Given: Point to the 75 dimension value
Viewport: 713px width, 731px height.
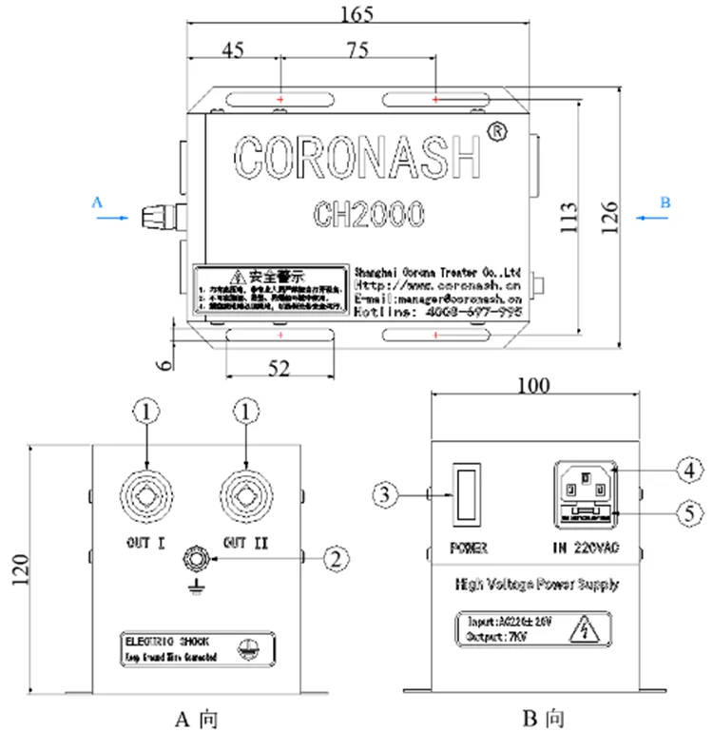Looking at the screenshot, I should [x=358, y=49].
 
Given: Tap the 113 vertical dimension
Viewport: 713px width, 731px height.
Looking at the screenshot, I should [x=568, y=218].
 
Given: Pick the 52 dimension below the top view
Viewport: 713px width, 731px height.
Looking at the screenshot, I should [x=278, y=369].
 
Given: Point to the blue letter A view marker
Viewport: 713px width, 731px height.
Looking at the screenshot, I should [x=95, y=202].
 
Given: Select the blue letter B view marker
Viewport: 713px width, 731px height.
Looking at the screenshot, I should [x=665, y=202].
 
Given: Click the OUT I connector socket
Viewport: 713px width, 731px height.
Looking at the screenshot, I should [x=146, y=496].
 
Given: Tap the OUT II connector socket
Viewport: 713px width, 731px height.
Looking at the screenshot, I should [x=246, y=496].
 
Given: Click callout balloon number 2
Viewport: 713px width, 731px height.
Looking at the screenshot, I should [x=333, y=560].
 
